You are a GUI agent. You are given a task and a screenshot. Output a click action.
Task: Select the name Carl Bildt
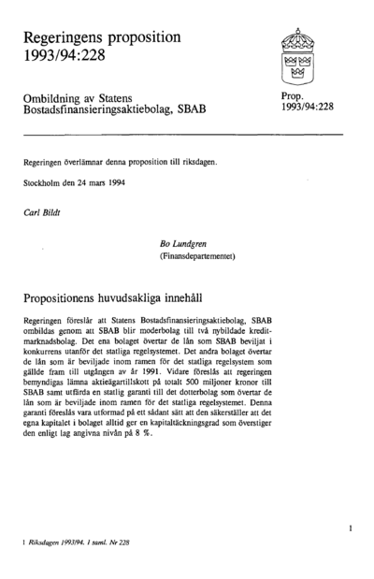[x=42, y=212]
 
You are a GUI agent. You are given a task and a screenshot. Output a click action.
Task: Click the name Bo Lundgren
[x=189, y=241]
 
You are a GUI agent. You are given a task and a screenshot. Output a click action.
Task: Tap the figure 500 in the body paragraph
[x=235, y=384]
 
